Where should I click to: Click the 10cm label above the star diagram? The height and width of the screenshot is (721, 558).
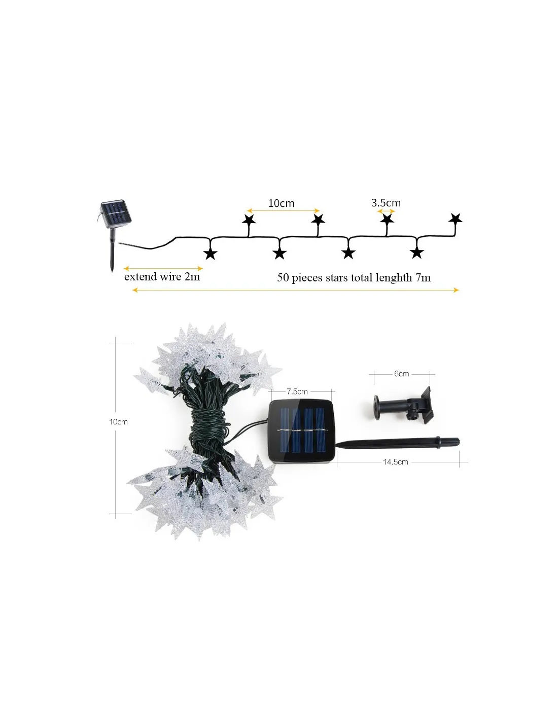tap(281, 203)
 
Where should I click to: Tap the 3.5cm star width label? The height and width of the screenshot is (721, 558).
tap(386, 202)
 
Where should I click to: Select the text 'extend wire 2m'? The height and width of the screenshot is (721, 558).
tap(162, 276)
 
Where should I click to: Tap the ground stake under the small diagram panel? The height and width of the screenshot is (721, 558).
tap(113, 250)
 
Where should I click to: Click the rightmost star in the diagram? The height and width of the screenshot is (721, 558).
tap(456, 219)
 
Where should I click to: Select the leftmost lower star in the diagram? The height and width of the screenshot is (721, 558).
tap(211, 254)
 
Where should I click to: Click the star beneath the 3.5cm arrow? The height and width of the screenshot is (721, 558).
tap(387, 219)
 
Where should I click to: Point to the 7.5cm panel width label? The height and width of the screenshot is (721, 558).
tap(297, 391)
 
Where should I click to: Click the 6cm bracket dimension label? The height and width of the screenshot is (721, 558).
tap(401, 374)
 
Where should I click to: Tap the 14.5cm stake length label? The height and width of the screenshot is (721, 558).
tap(395, 462)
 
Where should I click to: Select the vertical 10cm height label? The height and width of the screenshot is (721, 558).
tap(119, 422)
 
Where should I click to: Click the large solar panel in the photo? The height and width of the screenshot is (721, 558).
tap(301, 431)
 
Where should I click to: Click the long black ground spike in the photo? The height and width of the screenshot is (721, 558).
tap(398, 443)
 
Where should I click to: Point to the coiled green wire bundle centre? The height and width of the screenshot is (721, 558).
tap(208, 427)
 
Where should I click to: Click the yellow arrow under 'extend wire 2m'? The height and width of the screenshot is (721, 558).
tap(163, 268)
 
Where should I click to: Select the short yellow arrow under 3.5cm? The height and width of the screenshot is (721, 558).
tap(386, 211)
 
